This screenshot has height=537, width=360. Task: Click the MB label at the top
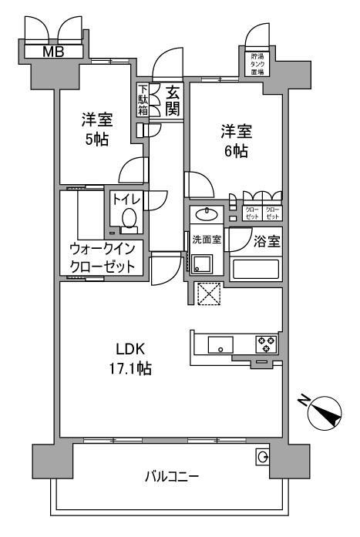point(53,52)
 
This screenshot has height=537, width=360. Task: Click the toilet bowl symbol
point(129,220)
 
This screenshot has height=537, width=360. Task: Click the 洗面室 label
point(207,240)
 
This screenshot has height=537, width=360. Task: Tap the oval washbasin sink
point(207,213)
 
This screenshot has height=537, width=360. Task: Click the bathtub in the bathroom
point(256,269)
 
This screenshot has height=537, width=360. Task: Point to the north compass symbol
point(323,413)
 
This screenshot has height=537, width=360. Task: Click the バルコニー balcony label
point(172,477)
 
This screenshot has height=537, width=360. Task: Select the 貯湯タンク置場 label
point(257,64)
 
